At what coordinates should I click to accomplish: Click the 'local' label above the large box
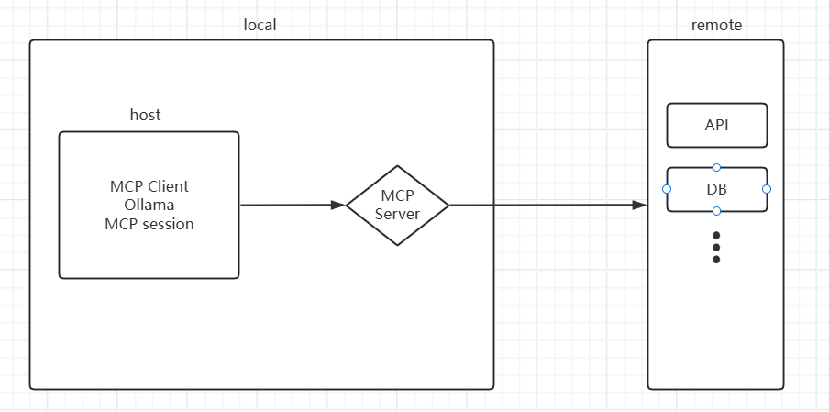[x=260, y=25]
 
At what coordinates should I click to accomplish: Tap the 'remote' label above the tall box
[x=716, y=25]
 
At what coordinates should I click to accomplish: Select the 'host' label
[x=145, y=115]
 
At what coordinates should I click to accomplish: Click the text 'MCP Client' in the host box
[x=149, y=186]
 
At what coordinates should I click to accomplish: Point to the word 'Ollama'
[x=149, y=205]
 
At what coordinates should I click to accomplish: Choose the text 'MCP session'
[x=149, y=223]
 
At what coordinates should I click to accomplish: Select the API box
[x=716, y=126]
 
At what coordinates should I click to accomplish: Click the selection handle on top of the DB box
[x=716, y=167]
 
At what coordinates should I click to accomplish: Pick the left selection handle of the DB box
[x=667, y=189]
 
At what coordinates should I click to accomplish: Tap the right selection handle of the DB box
[x=767, y=189]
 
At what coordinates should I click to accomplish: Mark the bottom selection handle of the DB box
[x=716, y=211]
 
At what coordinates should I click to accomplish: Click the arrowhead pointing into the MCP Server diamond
[x=338, y=206]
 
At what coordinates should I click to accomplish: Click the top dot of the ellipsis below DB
[x=716, y=235]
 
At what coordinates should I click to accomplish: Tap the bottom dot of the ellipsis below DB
[x=716, y=260]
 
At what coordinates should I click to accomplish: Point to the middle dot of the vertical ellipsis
[x=716, y=248]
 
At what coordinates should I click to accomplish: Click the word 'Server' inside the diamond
[x=397, y=214]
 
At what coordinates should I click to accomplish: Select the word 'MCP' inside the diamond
[x=397, y=195]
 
